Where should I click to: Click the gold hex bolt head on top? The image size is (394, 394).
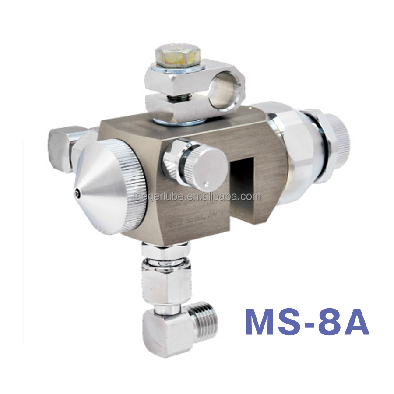[178, 56]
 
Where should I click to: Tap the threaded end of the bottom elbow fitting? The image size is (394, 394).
[205, 324]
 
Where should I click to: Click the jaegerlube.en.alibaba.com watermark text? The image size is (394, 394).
[197, 197]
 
